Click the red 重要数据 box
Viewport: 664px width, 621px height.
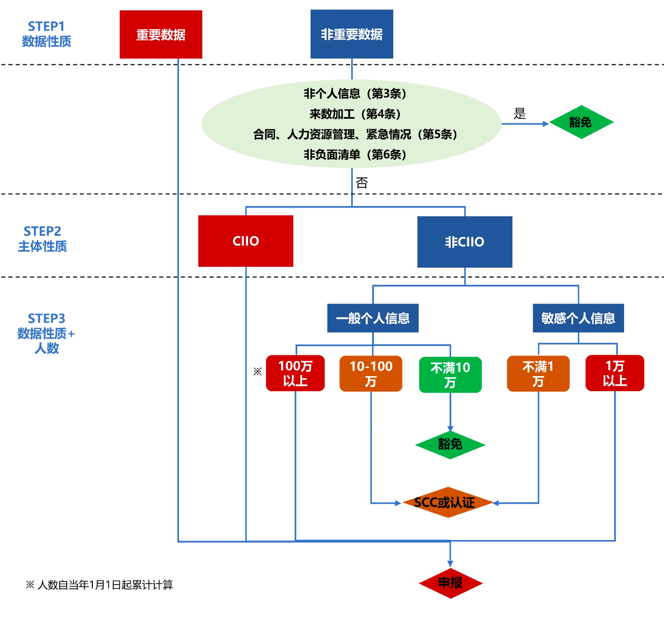click(x=161, y=34)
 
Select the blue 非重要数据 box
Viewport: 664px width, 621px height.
click(x=352, y=34)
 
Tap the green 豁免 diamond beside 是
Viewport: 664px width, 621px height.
click(x=581, y=122)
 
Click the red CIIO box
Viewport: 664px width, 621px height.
click(x=245, y=241)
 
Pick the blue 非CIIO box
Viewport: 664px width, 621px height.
click(x=465, y=242)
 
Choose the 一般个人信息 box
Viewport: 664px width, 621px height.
click(x=372, y=318)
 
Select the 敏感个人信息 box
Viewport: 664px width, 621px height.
click(x=578, y=318)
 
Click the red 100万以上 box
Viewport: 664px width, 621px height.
click(x=295, y=373)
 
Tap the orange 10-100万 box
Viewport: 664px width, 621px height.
click(x=371, y=374)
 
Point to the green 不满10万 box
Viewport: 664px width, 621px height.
click(x=450, y=375)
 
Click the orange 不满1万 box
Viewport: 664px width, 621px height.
click(x=538, y=374)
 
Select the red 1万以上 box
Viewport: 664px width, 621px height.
click(x=615, y=373)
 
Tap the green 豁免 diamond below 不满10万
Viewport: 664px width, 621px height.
click(x=450, y=445)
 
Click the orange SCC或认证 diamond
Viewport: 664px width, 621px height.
click(x=447, y=502)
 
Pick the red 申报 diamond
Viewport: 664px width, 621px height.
click(x=450, y=583)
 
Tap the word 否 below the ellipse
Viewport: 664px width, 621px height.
click(x=362, y=183)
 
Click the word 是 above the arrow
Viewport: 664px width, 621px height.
click(x=520, y=114)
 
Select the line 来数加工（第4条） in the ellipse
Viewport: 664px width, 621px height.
click(x=355, y=114)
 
